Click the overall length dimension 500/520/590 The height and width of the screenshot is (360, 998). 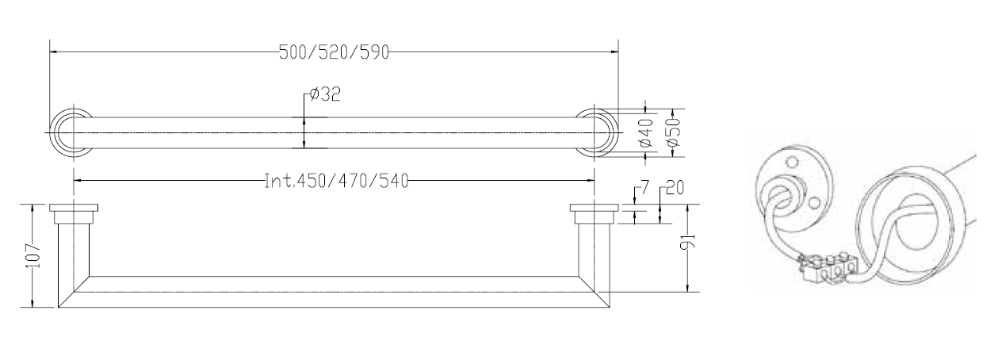(334, 53)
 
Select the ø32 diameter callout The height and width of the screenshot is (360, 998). (325, 94)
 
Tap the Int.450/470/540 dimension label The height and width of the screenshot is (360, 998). (335, 181)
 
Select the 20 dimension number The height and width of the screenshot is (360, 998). (675, 189)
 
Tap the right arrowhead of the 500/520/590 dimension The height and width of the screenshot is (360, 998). (616, 53)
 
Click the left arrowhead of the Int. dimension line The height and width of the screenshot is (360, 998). (77, 181)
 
